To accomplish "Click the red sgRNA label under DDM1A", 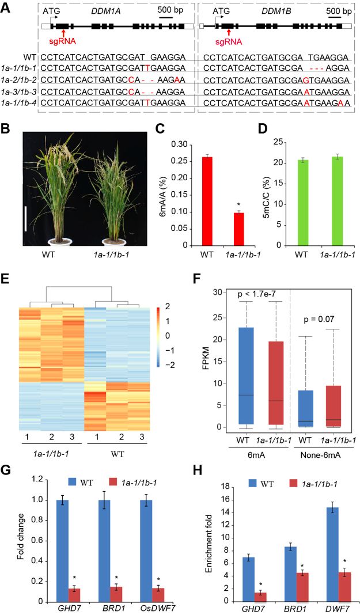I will (65, 42).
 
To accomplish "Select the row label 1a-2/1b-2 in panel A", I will (20, 79).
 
